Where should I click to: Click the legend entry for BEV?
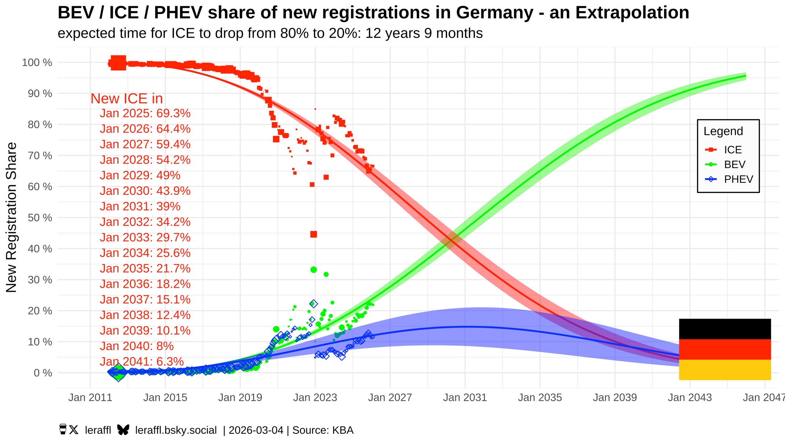(x=734, y=165)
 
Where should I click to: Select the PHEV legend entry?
(x=738, y=180)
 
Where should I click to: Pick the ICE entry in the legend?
(x=732, y=150)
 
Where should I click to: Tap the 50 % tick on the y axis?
(x=40, y=218)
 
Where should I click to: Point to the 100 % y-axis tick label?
(x=37, y=62)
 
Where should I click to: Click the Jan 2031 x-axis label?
(x=465, y=398)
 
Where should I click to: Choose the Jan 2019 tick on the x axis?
(x=240, y=398)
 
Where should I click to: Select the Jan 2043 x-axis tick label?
(x=690, y=398)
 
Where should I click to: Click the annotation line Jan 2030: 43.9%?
(x=145, y=191)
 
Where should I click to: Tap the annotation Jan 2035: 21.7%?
(x=145, y=269)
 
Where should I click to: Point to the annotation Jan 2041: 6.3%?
(x=142, y=362)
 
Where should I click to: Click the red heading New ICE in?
(x=126, y=99)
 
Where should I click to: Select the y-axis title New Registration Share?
(x=11, y=217)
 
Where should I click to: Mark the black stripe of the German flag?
(x=725, y=329)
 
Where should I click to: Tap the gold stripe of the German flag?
(x=725, y=370)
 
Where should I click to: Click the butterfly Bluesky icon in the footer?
(x=123, y=430)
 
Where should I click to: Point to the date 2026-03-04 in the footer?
(x=256, y=430)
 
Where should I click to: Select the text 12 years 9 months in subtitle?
(x=424, y=33)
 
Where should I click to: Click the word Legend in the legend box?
(x=723, y=131)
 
